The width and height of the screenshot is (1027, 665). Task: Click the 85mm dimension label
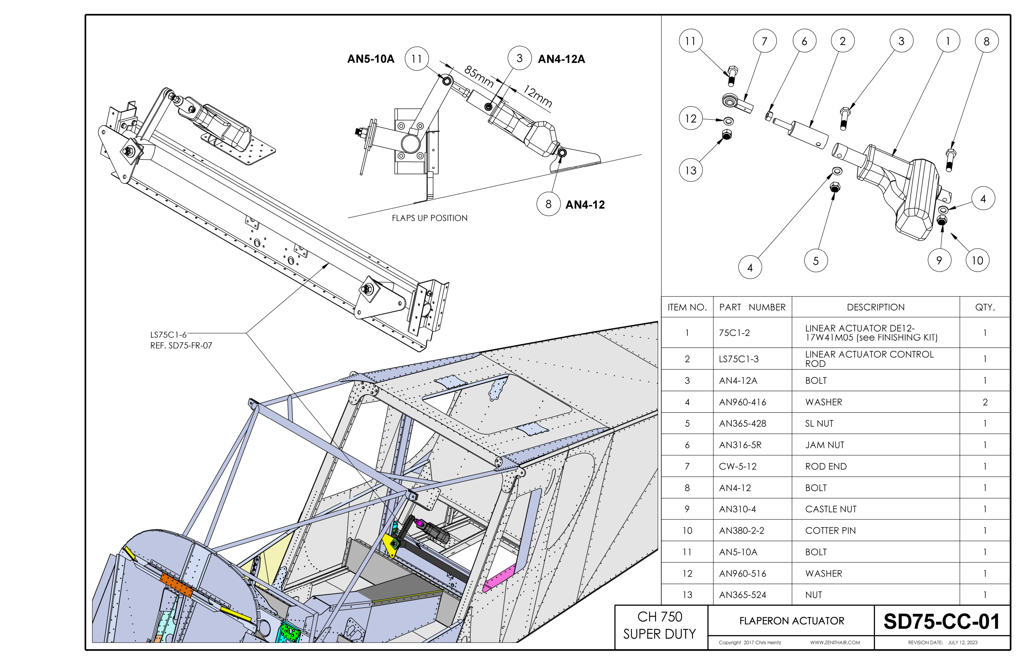coord(479,76)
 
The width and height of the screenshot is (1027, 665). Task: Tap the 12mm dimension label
coord(538,96)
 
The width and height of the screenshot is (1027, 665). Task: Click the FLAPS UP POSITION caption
coord(429,218)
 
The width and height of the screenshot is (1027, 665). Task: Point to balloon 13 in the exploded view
coord(690,170)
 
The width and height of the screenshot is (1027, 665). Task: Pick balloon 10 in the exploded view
coord(977,260)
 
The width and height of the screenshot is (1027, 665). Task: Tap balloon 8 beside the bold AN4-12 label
coord(548,204)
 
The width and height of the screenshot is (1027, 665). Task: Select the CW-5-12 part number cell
coord(737,466)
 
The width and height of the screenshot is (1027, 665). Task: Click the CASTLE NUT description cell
coord(831,509)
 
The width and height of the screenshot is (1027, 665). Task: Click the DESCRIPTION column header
coord(876,307)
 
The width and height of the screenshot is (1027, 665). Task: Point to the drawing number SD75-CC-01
coord(941,622)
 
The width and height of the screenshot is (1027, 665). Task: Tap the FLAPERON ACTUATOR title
coord(791,621)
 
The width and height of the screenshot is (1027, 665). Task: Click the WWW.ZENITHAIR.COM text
coord(835,642)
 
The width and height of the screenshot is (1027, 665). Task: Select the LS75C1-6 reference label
coord(168,335)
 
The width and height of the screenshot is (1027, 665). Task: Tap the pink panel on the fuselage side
coord(499,577)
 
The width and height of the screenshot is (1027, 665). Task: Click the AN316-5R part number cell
coord(740,445)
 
